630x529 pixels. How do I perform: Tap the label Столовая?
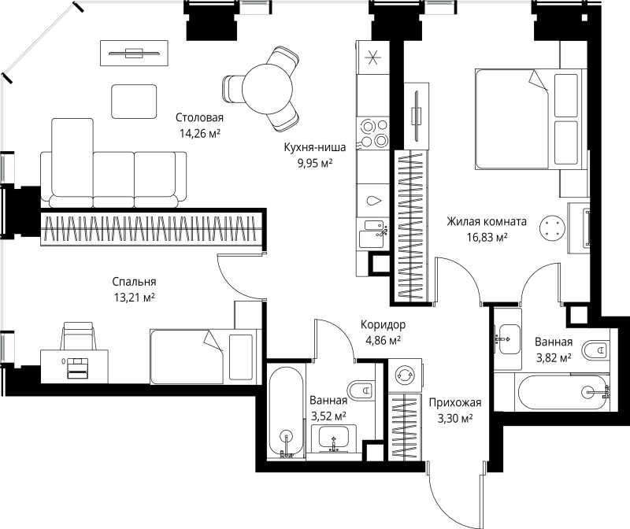199,118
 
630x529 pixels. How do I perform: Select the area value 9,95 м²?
315,163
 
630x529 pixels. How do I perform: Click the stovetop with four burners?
373,133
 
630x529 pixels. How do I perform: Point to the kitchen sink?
372,233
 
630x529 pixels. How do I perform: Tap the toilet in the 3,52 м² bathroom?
361,390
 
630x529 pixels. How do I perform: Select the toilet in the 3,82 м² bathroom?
595,350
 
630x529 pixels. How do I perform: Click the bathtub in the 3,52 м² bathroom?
286,412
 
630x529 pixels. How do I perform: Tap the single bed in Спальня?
203,357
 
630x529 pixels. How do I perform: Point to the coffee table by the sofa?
134,102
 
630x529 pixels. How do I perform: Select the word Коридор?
383,324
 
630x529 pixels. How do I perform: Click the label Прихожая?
455,402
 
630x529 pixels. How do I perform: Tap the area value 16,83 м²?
487,238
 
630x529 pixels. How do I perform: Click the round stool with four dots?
552,228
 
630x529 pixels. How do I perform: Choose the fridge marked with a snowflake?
373,57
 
